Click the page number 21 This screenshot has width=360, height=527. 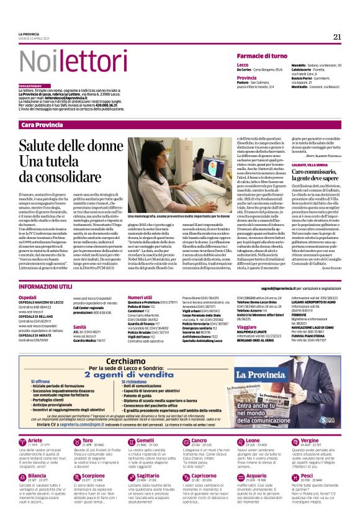coord(337,37)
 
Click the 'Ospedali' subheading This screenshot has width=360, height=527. coord(27,297)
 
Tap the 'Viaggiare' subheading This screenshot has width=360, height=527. coord(247,326)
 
